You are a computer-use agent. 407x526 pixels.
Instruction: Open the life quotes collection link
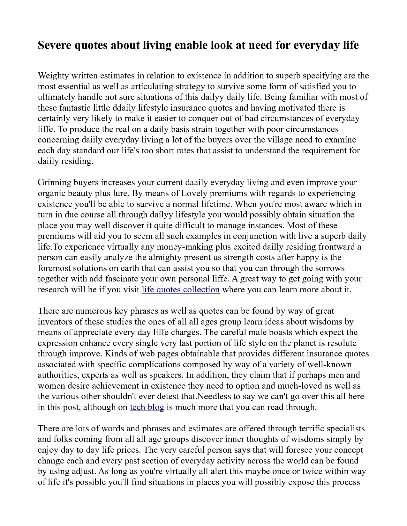point(181,289)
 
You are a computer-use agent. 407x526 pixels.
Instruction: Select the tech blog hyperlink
point(147,407)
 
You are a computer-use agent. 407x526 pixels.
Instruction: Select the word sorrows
point(329,268)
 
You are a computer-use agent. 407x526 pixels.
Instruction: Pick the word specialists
point(346,428)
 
